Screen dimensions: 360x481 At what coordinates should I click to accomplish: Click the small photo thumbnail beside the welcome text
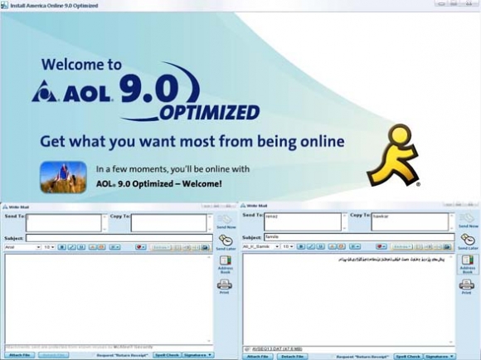coord(63,176)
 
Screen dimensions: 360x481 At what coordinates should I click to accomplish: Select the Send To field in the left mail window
coord(65,222)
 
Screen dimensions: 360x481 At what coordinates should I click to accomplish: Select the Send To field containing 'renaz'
coord(303,221)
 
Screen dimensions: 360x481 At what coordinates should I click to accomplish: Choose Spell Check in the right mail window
coord(408,356)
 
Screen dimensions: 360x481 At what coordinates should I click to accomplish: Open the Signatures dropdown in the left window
coord(197,355)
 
